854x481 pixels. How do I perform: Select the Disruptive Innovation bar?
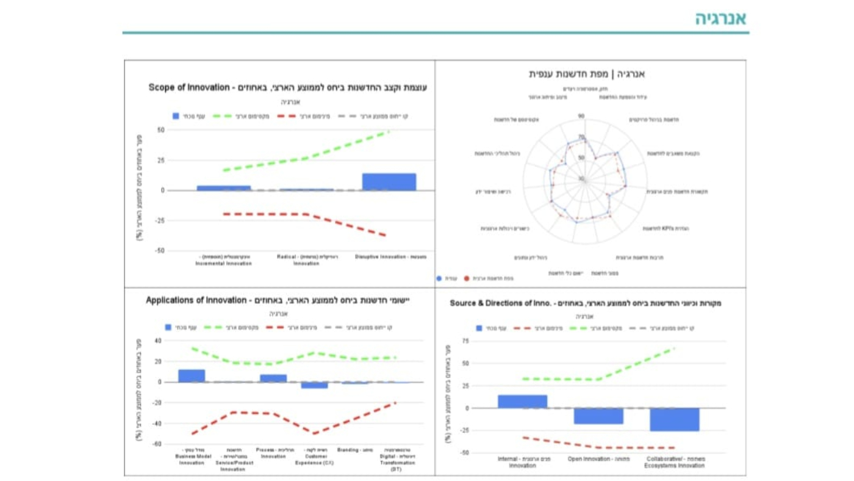coord(389,182)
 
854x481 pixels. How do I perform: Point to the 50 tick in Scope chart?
coord(161,130)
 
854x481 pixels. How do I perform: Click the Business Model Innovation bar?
coord(192,376)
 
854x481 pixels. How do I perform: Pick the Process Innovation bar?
coord(273,378)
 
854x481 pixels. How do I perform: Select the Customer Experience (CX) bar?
coord(314,385)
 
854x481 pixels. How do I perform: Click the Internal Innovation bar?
coord(522,402)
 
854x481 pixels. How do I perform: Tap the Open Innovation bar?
coord(598,416)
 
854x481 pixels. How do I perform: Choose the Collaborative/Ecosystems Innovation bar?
coord(674,419)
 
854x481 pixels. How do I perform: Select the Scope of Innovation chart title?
coord(287,87)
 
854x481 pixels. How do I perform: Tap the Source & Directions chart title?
coord(585,303)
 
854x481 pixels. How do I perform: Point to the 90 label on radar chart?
coord(581,116)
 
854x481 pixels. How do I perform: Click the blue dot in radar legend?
coord(439,278)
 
